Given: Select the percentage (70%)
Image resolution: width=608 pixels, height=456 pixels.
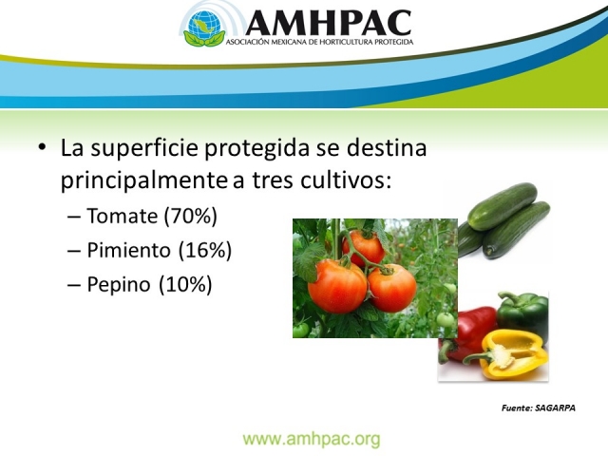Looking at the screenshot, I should [190, 217].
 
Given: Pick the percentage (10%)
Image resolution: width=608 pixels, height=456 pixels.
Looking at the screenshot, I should [185, 284].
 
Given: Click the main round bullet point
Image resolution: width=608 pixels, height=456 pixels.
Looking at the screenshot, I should [42, 150].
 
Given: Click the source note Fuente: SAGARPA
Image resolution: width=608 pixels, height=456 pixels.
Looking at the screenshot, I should [539, 407].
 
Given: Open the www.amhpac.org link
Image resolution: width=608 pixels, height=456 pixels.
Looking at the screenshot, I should [312, 439].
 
